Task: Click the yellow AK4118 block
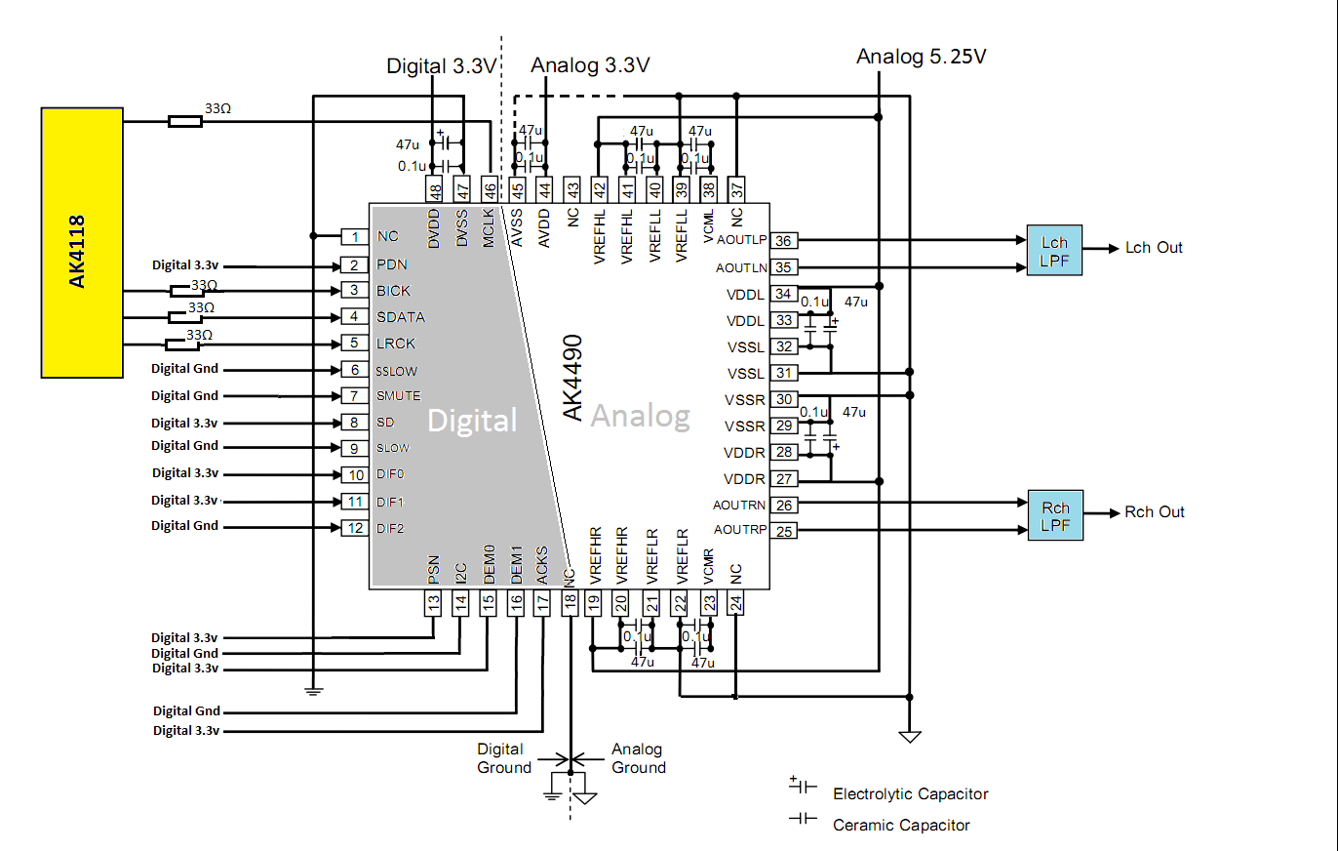click(x=82, y=242)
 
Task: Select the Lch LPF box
click(x=1054, y=250)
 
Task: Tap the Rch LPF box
click(x=1054, y=515)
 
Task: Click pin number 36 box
click(x=783, y=240)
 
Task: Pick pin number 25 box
click(x=783, y=531)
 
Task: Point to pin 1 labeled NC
click(x=354, y=236)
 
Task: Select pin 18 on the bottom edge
click(x=569, y=603)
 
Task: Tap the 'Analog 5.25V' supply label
click(x=921, y=57)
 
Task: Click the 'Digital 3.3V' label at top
click(x=442, y=66)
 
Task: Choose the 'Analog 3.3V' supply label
click(x=590, y=65)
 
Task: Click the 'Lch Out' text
click(x=1154, y=248)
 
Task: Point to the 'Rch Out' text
click(x=1155, y=512)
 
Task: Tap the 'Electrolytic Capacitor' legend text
click(x=910, y=794)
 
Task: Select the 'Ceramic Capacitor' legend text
click(x=901, y=826)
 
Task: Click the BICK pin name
click(x=393, y=291)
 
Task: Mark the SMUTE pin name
click(x=398, y=396)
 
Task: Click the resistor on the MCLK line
click(x=185, y=121)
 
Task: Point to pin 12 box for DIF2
click(x=354, y=528)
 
